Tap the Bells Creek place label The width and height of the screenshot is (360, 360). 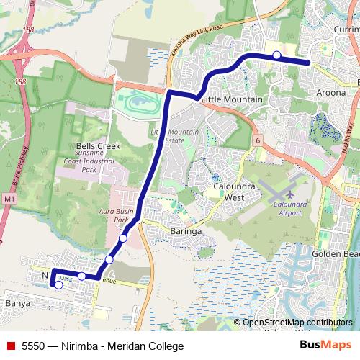point(97,145)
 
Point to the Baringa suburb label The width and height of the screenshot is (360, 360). point(186,231)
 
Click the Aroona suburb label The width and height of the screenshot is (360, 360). point(330,94)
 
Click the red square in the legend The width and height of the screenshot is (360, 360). point(9,346)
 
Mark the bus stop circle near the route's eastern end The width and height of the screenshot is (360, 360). point(276,55)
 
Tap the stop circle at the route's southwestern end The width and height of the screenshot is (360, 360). point(58,285)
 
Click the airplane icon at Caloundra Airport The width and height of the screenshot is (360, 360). point(289,194)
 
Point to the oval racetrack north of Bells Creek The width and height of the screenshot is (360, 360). point(140,102)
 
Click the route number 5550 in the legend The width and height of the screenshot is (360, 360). point(33,346)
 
